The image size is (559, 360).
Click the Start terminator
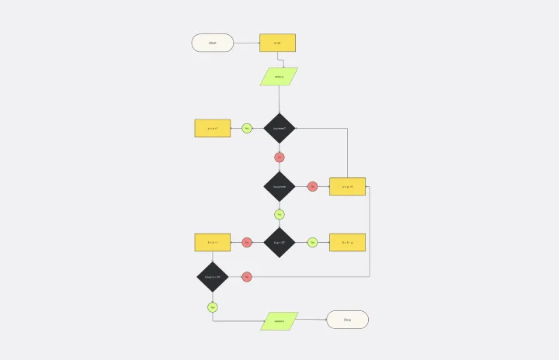[x=212, y=43]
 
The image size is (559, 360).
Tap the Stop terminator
[x=347, y=320]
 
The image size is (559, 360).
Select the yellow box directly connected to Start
[x=277, y=43]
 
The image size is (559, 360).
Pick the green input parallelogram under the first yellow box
[x=279, y=77]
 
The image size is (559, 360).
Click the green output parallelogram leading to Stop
[x=279, y=321]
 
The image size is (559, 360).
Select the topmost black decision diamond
[x=279, y=128]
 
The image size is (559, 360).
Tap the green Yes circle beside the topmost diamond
[x=247, y=128]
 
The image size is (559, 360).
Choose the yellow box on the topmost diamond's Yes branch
[x=212, y=128]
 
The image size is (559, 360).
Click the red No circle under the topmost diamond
[x=279, y=157]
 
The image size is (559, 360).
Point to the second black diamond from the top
[x=279, y=186]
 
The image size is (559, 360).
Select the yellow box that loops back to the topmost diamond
[x=347, y=186]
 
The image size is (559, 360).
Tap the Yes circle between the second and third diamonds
[x=279, y=214]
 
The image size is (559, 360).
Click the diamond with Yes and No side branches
[x=279, y=242]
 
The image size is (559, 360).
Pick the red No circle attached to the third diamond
[x=247, y=242]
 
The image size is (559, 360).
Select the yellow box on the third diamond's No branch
[x=212, y=242]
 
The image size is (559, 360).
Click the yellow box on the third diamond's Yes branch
[x=347, y=242]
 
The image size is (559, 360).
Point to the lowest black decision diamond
[x=212, y=277]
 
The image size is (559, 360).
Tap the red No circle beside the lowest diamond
[x=247, y=277]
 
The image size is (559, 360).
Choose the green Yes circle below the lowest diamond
[x=212, y=307]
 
